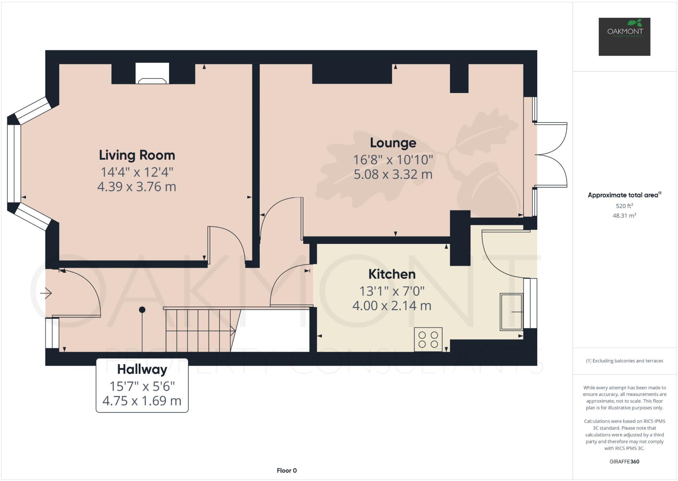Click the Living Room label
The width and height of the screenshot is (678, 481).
[x=137, y=155]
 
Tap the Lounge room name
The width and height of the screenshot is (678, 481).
[x=393, y=143]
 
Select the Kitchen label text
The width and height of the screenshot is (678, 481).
[x=392, y=274]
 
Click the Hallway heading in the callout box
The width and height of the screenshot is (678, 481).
[x=142, y=369]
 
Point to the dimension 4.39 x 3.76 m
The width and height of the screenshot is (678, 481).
[x=136, y=187]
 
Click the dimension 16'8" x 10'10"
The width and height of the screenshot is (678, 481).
[x=393, y=160]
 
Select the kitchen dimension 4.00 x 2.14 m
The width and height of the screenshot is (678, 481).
[x=392, y=306]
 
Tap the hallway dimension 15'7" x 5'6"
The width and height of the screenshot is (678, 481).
[x=142, y=386]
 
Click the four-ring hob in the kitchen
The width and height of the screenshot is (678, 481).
[x=428, y=339]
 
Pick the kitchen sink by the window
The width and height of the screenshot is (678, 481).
[x=511, y=312]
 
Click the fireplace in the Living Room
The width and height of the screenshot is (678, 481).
[x=152, y=73]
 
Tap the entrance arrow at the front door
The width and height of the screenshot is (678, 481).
[x=46, y=293]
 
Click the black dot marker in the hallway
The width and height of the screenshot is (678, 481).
[x=142, y=310]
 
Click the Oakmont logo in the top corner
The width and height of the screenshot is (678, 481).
[x=624, y=37]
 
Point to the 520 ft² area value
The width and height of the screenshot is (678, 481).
[x=624, y=206]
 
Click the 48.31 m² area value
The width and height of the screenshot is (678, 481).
[x=624, y=216]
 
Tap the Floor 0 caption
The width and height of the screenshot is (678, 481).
[x=287, y=470]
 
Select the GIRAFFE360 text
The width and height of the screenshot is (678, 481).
[x=624, y=461]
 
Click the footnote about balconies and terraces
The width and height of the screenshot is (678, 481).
[x=624, y=361]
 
